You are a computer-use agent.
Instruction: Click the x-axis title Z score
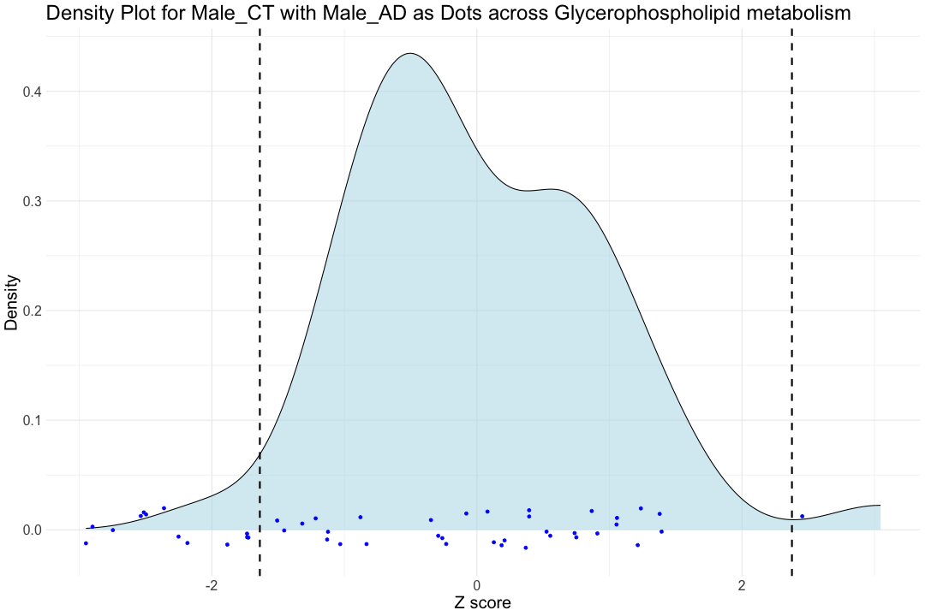(x=482, y=603)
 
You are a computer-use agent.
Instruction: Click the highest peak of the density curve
(x=411, y=54)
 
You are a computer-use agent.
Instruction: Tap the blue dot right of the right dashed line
(x=802, y=516)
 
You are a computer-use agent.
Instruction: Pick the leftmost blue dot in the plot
(x=86, y=543)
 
